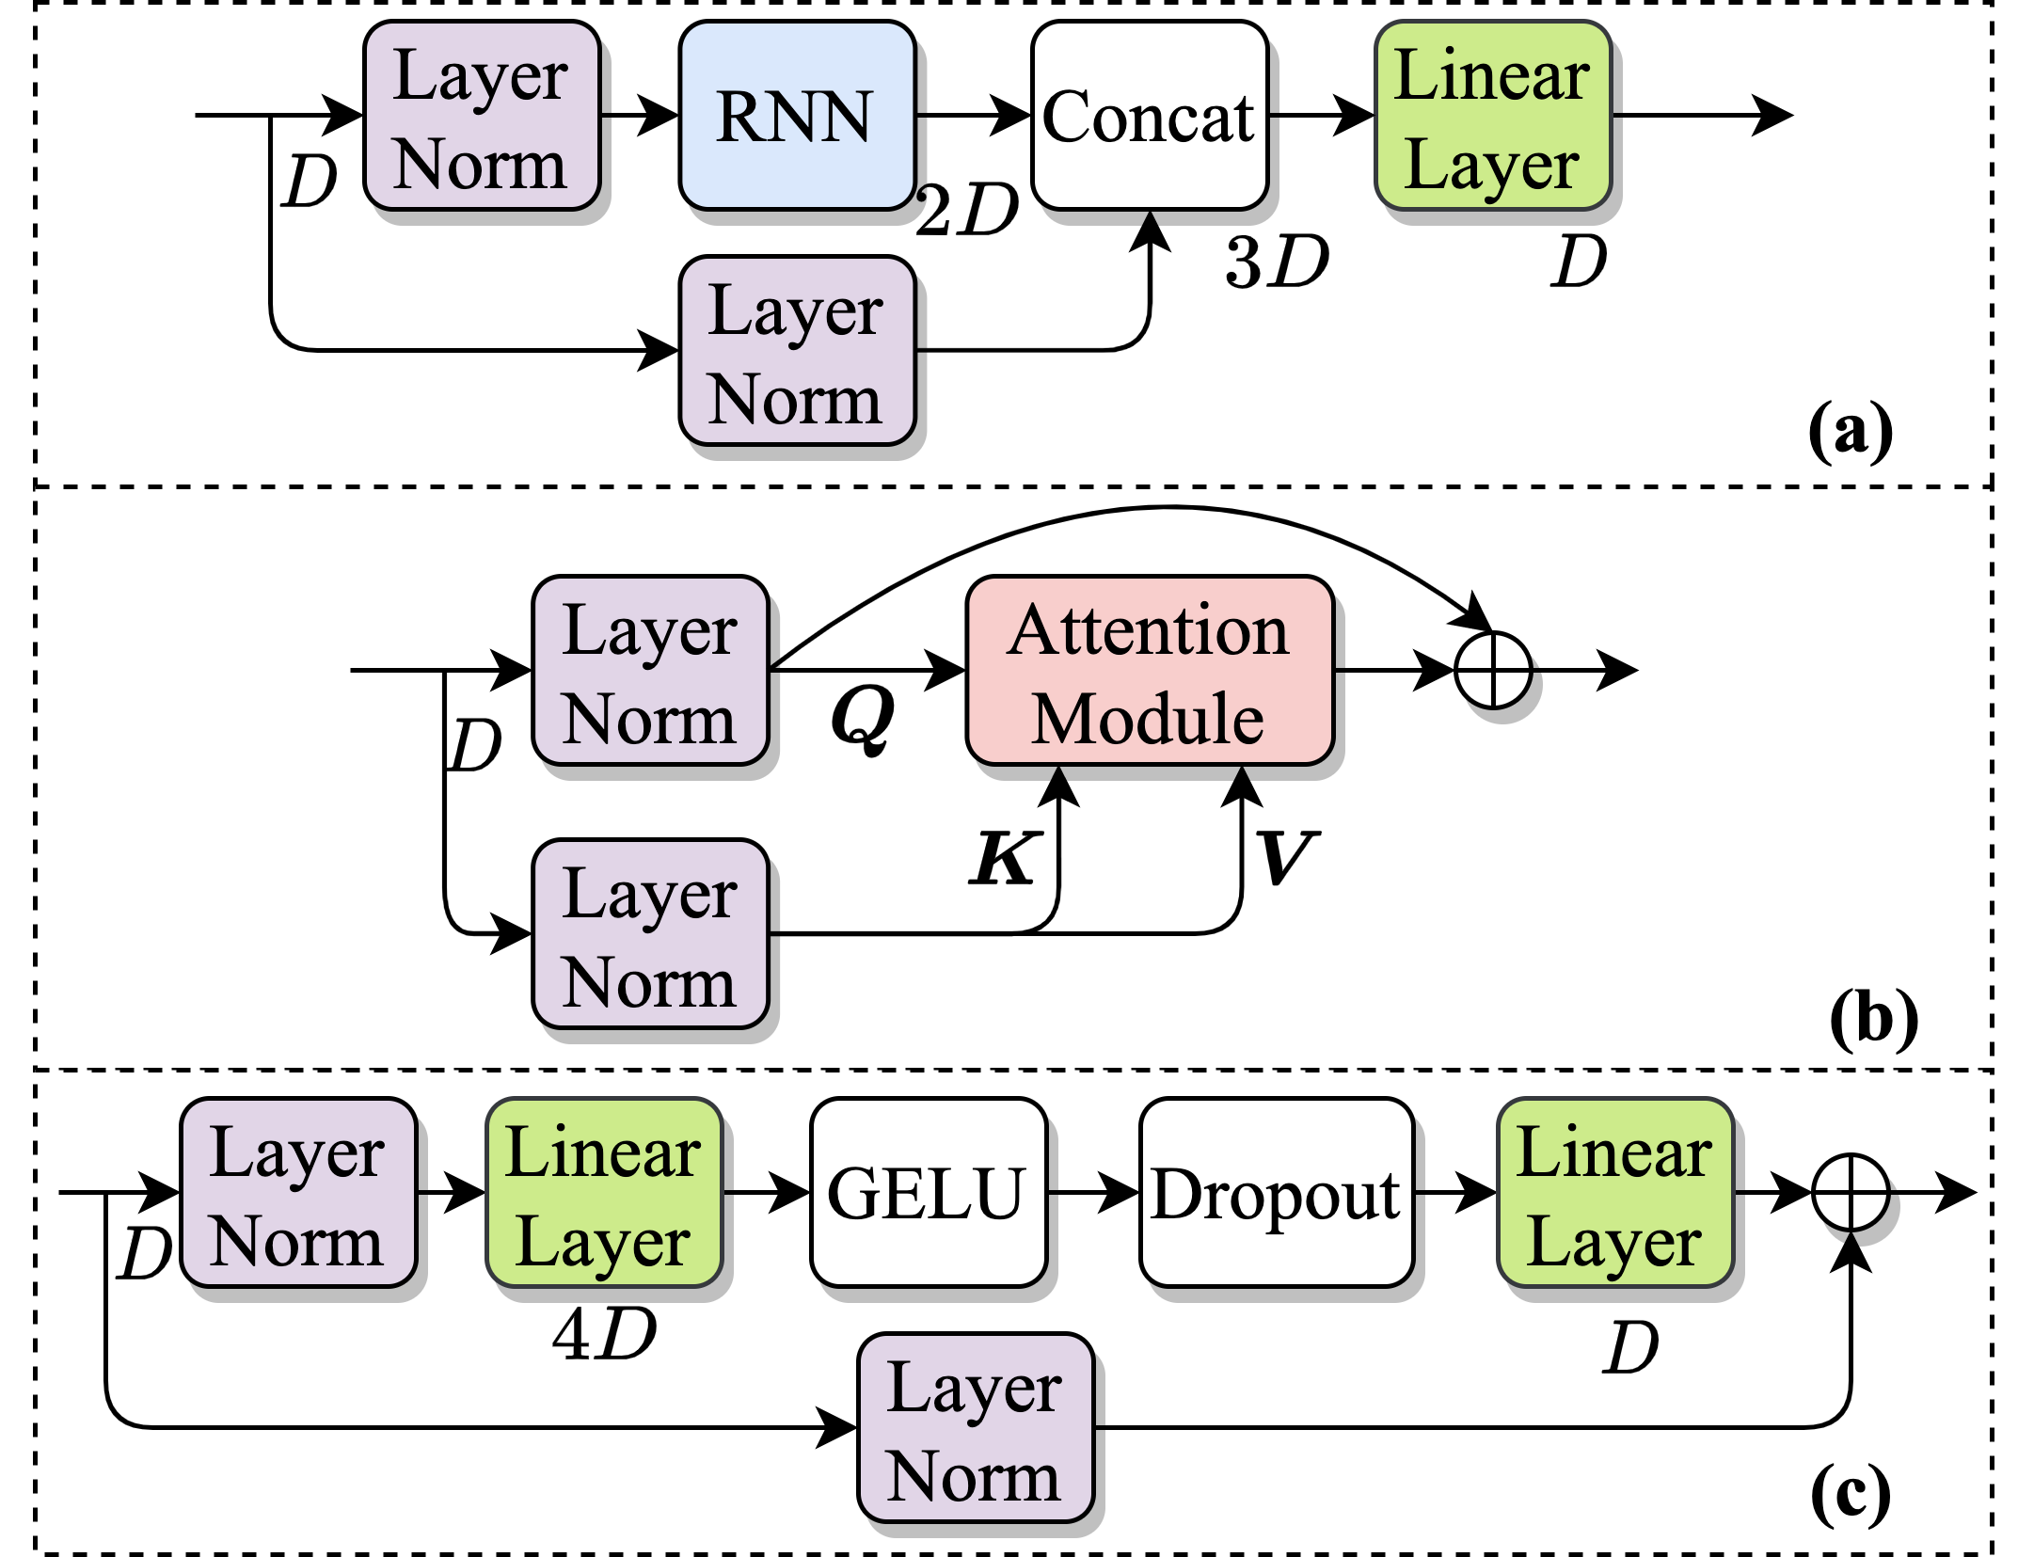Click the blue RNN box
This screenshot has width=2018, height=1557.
pos(797,116)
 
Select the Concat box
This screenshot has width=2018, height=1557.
pos(1150,116)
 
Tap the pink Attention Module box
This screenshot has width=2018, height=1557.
pos(1150,671)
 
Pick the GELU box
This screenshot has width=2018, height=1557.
pos(928,1193)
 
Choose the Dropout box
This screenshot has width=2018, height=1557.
pos(1276,1193)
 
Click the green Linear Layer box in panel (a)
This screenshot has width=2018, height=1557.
pos(1493,116)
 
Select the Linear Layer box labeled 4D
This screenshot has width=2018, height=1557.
pos(604,1193)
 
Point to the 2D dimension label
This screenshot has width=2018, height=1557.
pos(967,209)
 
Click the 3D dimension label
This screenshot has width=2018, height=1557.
pos(1277,262)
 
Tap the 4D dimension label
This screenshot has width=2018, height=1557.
pos(604,1334)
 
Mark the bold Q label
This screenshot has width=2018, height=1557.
pos(863,717)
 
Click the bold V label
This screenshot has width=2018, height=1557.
pos(1286,858)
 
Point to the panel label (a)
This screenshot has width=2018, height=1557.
pos(1850,431)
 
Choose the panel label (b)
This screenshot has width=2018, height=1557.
pos(1873,1019)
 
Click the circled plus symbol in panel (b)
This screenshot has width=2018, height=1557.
pos(1493,671)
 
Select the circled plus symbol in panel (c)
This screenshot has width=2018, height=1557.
pos(1850,1193)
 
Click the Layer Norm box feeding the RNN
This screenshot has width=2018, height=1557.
pos(482,116)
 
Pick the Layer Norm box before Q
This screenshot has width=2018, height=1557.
pos(650,671)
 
